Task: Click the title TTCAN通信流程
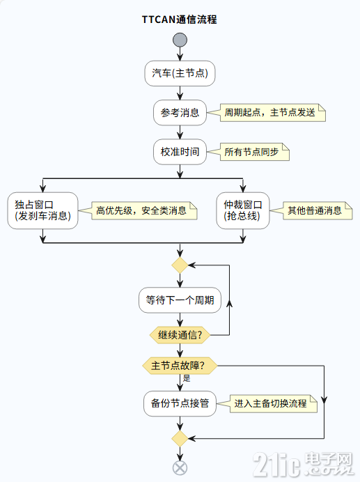(180, 20)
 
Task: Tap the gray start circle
(180, 40)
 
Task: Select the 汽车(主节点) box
(180, 73)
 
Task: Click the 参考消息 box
(180, 112)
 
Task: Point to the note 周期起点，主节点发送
(269, 112)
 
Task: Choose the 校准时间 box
(180, 152)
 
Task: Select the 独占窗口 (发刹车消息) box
(43, 210)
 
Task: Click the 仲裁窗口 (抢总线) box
(242, 210)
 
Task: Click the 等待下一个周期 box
(180, 302)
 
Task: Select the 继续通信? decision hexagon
(180, 335)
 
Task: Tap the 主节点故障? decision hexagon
(180, 365)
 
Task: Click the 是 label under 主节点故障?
(187, 378)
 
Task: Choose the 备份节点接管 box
(180, 403)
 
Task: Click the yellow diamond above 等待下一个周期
(180, 265)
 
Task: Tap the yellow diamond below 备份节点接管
(180, 438)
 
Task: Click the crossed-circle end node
(180, 467)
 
